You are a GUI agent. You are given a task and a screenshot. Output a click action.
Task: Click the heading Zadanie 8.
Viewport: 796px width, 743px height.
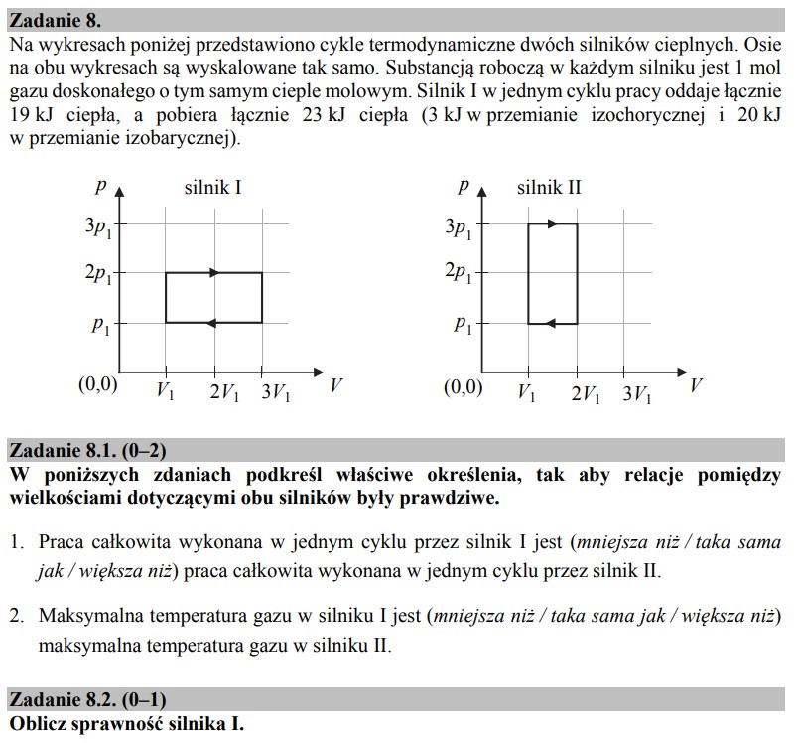pos(54,20)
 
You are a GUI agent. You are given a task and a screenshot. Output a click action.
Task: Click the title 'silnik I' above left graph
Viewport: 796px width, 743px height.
pos(212,187)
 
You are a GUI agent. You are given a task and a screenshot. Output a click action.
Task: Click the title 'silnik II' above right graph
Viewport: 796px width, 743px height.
pos(549,187)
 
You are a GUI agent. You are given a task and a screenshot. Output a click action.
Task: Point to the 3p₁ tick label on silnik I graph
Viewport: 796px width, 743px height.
pos(99,227)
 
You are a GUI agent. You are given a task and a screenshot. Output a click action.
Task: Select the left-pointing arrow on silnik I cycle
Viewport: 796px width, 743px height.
pos(211,322)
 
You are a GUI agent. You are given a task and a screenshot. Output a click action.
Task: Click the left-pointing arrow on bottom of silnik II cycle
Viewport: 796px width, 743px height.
pos(551,322)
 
